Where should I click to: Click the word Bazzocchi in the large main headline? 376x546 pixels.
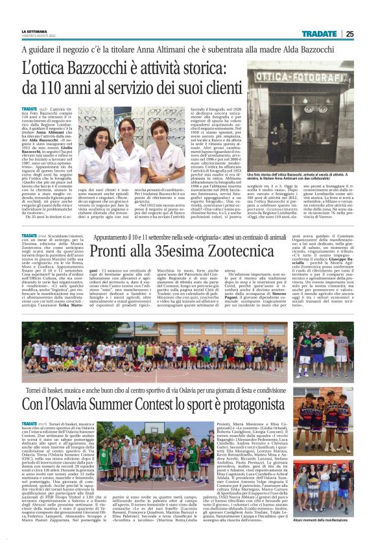(x=123, y=67)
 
